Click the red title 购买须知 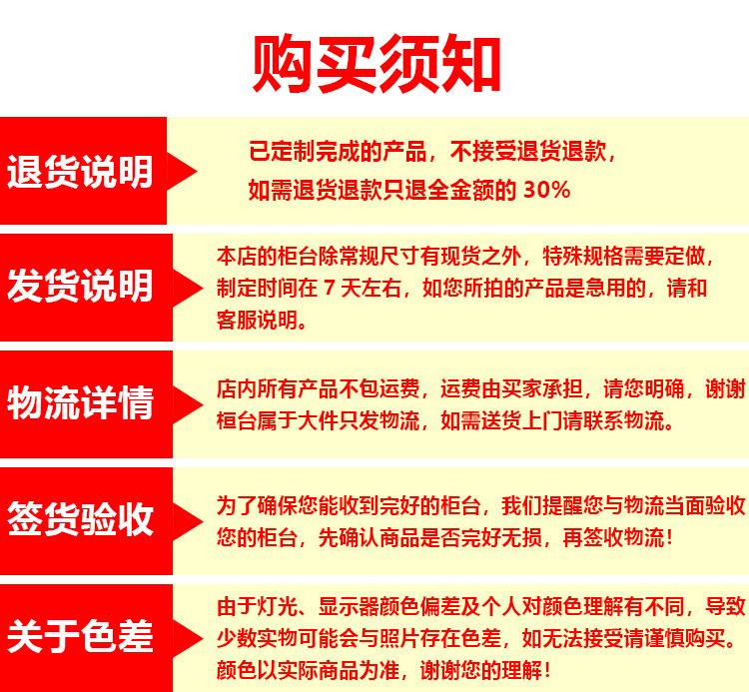376,63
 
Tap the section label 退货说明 80,172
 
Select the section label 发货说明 80,286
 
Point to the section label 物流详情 80,402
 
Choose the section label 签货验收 80,519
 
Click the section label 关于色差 80,636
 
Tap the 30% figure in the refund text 546,190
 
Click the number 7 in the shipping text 330,288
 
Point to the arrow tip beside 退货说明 197,172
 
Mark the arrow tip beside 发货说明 203,288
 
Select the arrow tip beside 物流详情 203,404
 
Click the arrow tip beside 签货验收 203,520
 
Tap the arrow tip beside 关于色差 203,637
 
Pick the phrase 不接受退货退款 528,152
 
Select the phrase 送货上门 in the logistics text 522,420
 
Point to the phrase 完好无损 502,537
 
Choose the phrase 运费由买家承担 511,388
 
